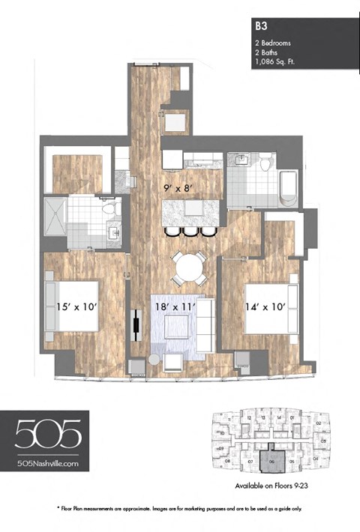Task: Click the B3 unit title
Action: click(x=260, y=25)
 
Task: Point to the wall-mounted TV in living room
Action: click(x=136, y=325)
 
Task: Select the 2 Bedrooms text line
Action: click(x=274, y=43)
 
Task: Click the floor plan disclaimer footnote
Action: click(x=179, y=507)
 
